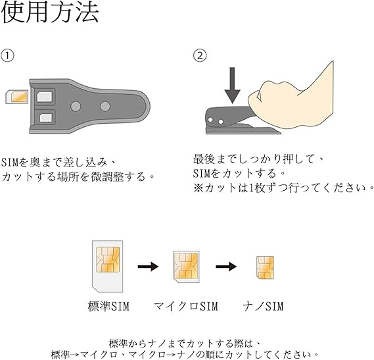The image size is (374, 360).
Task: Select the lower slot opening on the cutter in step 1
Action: point(46,118)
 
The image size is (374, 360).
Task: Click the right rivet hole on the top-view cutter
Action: point(104,105)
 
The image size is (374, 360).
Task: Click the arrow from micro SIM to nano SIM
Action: point(226,267)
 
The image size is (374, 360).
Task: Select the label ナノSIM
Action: point(265,307)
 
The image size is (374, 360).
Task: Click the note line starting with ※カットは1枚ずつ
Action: point(279,187)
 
